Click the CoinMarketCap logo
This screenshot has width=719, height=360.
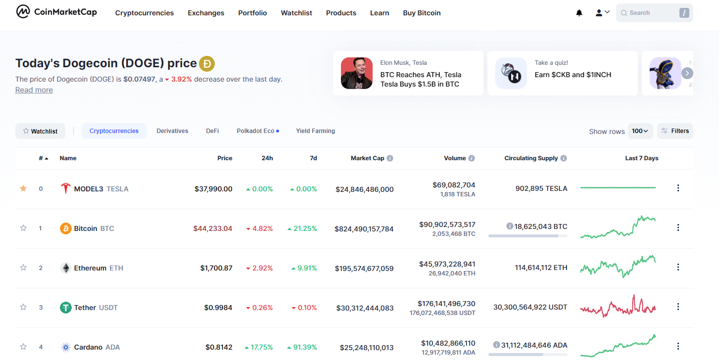(56, 12)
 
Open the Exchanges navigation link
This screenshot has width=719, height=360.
(206, 13)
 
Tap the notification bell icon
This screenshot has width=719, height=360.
(579, 13)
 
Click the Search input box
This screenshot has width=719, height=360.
(654, 13)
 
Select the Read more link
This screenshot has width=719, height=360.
(34, 90)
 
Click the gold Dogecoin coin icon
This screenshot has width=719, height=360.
(207, 63)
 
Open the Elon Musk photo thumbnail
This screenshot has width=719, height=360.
(357, 73)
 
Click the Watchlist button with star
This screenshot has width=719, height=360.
(40, 131)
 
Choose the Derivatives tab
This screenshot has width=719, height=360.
(172, 131)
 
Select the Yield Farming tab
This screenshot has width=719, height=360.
(315, 131)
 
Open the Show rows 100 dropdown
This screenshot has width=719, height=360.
(640, 131)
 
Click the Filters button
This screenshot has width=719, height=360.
(675, 131)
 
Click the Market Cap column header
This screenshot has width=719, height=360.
(367, 158)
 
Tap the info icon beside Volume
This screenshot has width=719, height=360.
(472, 158)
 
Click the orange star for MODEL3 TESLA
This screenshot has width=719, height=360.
(23, 188)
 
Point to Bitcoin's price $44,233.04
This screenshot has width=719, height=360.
(212, 228)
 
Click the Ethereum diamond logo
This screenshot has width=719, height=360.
(66, 268)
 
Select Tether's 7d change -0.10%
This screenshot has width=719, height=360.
(304, 308)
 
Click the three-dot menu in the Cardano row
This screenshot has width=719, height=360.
(678, 346)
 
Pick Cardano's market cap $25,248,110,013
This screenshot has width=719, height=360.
(367, 348)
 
